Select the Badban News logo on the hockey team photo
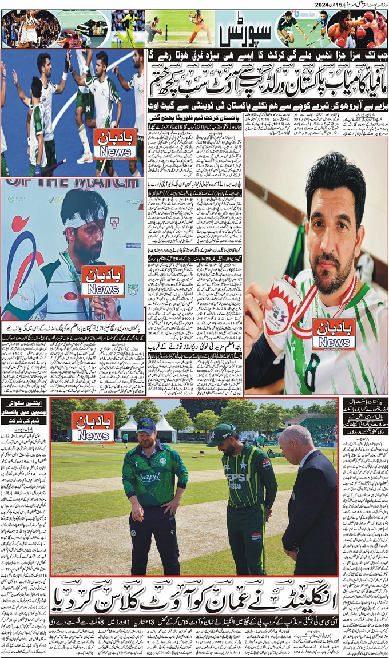(115, 144)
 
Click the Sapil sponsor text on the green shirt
(149, 477)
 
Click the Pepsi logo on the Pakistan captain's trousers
(256, 537)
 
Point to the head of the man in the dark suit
(296, 441)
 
